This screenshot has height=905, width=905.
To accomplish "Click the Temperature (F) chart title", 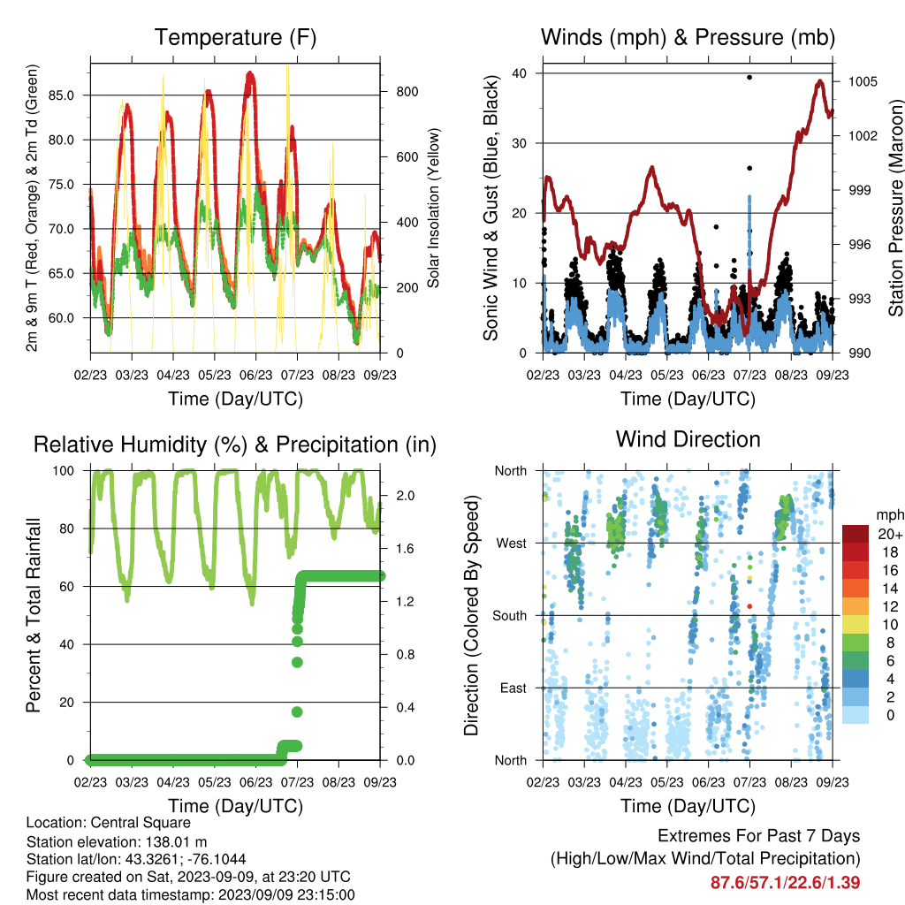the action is (x=235, y=37).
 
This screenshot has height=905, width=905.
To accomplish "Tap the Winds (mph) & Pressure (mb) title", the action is (x=688, y=37).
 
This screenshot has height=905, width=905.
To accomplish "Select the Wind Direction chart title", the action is (x=688, y=439).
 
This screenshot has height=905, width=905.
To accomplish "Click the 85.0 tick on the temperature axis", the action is (x=61, y=95).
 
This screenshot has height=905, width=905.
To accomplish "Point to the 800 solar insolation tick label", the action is (x=407, y=92).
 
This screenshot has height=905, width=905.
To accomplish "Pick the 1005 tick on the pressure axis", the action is (x=863, y=81).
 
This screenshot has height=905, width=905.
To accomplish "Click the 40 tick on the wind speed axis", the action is (x=519, y=73).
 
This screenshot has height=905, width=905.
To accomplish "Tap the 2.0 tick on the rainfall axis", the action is (x=405, y=496).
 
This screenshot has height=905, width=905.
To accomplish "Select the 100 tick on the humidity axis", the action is (x=64, y=471).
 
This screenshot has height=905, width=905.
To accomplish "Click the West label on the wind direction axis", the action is (x=512, y=544).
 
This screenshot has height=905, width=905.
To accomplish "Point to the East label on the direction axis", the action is (x=513, y=688).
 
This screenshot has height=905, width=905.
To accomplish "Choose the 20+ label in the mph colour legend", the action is (x=890, y=534).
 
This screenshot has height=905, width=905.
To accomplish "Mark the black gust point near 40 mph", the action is (x=749, y=78).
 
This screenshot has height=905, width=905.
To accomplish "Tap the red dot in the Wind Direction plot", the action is (x=749, y=606).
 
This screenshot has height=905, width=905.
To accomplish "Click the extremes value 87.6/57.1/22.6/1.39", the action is (x=785, y=883).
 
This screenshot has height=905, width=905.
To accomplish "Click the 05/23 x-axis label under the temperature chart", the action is (x=214, y=375).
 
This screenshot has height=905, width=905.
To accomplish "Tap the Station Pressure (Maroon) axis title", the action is (x=895, y=208).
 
